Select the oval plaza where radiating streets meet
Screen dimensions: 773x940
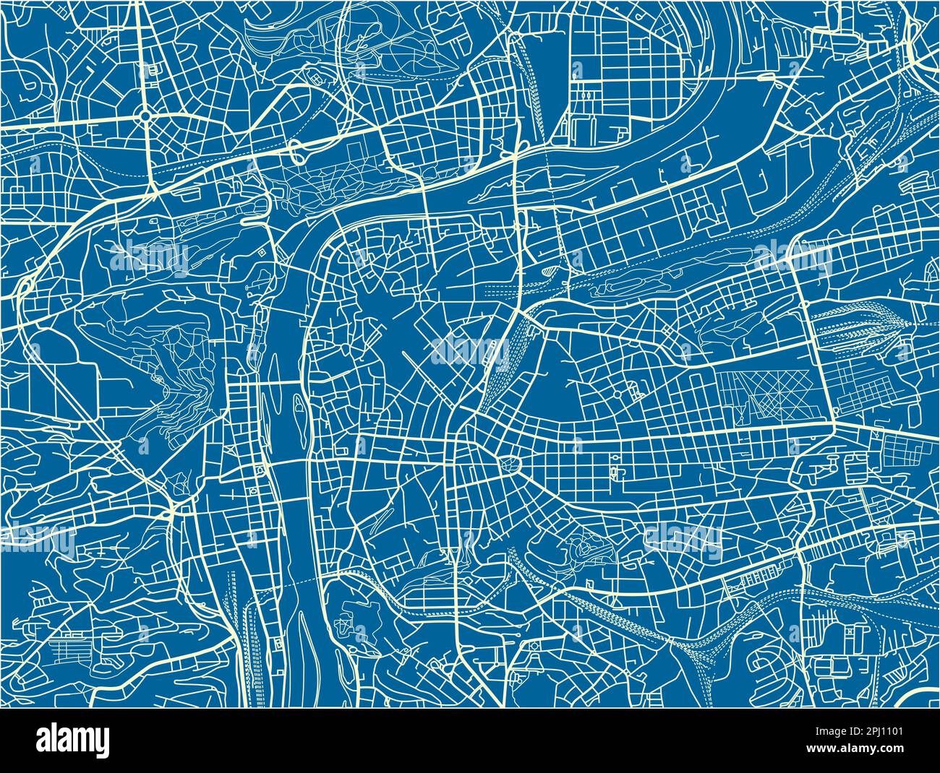coord(515,463)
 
